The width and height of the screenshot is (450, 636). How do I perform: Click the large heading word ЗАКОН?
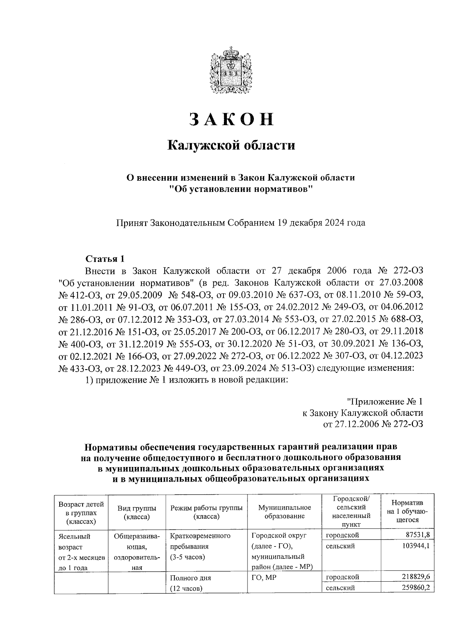(x=231, y=119)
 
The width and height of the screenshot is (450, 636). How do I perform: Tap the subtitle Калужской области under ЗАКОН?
(x=231, y=145)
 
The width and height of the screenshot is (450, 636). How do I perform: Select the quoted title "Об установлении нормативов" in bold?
(x=240, y=188)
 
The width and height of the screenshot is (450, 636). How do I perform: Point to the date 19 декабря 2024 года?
(x=321, y=223)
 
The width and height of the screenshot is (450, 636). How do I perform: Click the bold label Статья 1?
(x=105, y=259)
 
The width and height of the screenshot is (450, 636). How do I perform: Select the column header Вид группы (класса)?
(x=137, y=512)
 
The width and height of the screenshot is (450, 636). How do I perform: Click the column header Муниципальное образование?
(x=285, y=512)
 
